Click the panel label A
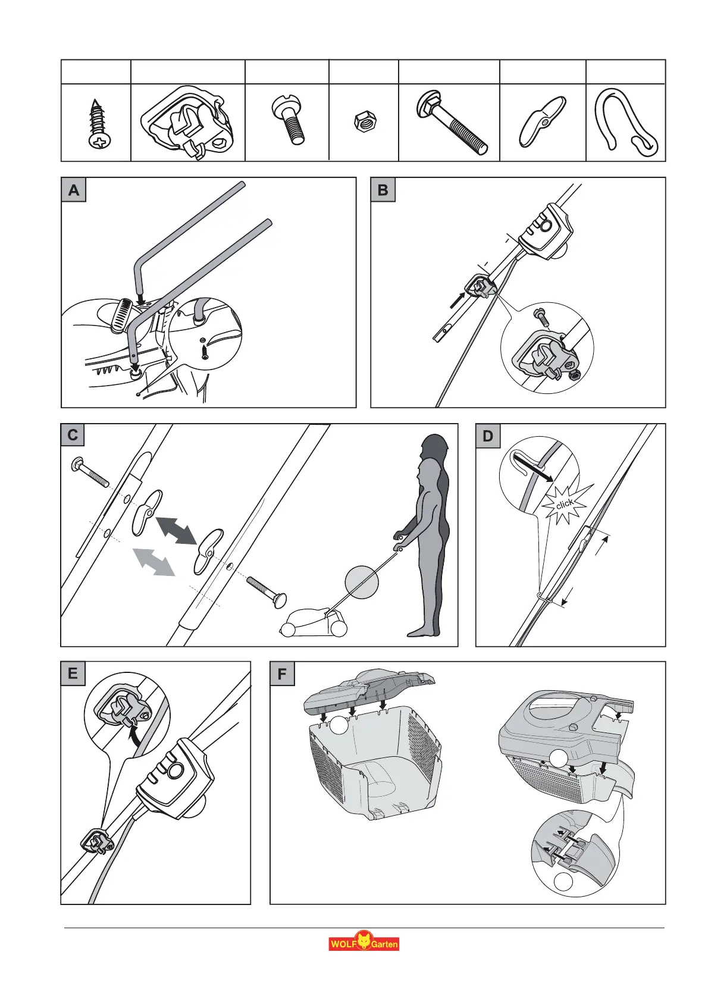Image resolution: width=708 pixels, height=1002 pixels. (x=74, y=190)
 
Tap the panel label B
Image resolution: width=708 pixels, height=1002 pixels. (x=383, y=190)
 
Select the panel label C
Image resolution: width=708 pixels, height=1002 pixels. (x=73, y=435)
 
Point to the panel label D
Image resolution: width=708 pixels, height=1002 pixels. (x=488, y=436)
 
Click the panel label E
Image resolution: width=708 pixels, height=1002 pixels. (x=73, y=673)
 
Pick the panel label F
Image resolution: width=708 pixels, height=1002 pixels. (x=282, y=674)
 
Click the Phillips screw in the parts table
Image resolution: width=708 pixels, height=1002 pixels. (x=96, y=124)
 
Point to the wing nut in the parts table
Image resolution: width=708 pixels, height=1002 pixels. (x=541, y=121)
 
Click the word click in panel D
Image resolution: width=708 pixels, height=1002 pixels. (x=565, y=504)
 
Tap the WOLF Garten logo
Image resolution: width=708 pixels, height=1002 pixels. (x=364, y=943)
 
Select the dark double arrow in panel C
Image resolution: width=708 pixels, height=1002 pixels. (x=176, y=531)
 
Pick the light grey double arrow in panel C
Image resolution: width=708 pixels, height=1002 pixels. (x=154, y=562)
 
